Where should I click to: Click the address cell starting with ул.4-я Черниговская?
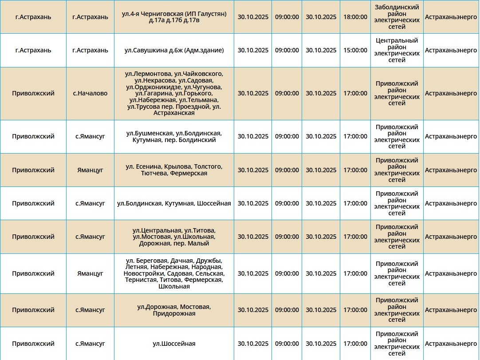point(174,17)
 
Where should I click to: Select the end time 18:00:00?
point(355,17)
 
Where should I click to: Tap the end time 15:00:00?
point(355,50)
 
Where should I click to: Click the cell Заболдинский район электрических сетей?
point(397,17)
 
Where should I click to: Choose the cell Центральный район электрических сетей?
point(397,50)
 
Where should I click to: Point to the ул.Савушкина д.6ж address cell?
point(174,50)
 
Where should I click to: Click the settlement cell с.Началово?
point(90,94)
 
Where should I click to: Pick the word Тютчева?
point(153,173)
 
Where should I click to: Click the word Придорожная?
point(174,313)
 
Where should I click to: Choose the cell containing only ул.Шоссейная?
point(174,344)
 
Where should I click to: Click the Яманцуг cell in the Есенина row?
point(90,170)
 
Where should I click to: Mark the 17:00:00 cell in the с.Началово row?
point(355,94)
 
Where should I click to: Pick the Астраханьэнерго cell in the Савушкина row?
point(451,50)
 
